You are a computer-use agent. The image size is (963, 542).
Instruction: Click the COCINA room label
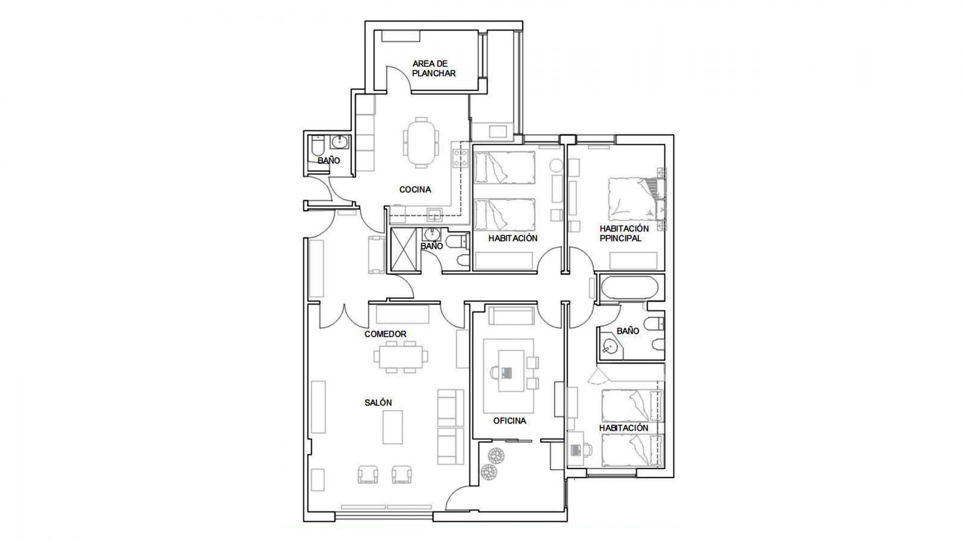pyautogui.click(x=415, y=190)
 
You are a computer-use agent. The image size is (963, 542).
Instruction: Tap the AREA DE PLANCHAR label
pyautogui.click(x=433, y=69)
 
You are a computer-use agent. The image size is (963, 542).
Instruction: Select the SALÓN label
pyautogui.click(x=378, y=403)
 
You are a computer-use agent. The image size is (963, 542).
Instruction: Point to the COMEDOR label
pyautogui.click(x=385, y=334)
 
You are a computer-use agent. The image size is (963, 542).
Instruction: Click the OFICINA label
pyautogui.click(x=510, y=421)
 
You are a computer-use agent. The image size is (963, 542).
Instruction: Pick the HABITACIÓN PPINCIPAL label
pyautogui.click(x=624, y=233)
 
